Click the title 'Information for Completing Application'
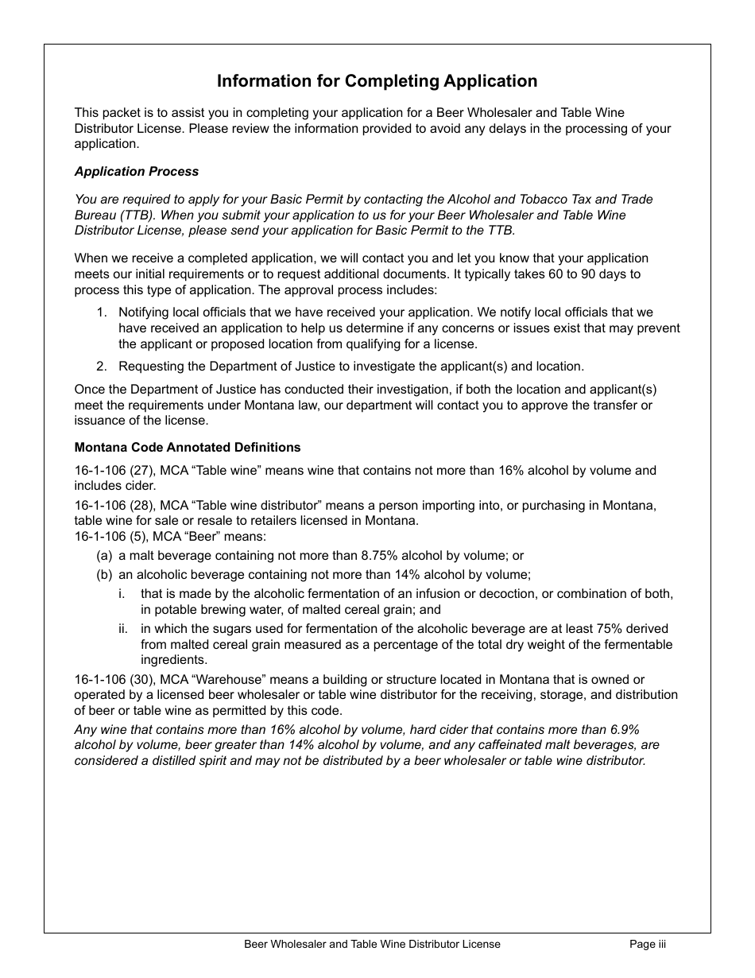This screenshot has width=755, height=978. (377, 81)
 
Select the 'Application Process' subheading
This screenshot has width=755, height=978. (137, 172)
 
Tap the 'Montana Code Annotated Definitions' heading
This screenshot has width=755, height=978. (188, 448)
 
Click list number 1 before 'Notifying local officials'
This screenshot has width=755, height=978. (101, 312)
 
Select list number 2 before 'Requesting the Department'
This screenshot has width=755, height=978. (101, 367)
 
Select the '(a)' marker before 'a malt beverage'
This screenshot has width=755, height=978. (104, 556)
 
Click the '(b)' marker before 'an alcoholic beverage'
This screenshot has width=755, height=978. (104, 575)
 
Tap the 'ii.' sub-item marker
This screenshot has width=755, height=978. (123, 629)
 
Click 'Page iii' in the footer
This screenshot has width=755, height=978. (648, 945)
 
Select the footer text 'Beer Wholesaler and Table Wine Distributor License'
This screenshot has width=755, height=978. (372, 945)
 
